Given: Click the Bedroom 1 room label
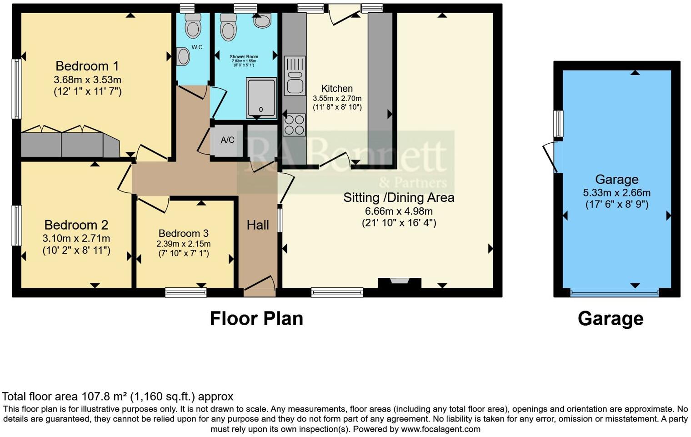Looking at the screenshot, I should click(87, 66).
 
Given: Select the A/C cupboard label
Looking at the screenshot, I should click(227, 140).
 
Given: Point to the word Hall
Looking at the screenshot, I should click(258, 225).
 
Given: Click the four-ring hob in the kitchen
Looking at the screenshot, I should click(294, 124).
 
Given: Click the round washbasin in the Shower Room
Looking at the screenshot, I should click(262, 20).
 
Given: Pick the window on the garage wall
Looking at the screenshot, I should click(558, 123).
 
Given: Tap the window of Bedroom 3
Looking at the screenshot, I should click(185, 292).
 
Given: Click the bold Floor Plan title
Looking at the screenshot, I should click(256, 319).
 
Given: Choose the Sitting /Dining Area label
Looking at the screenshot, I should click(399, 197).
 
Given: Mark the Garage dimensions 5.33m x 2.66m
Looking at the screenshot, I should click(616, 192).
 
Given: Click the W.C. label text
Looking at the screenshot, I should click(197, 47).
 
